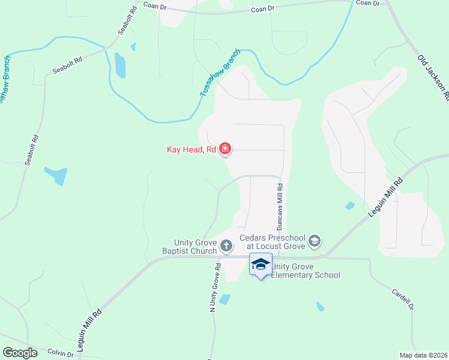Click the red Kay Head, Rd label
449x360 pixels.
191,149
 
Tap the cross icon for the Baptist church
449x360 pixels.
226,245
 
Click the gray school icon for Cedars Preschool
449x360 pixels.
315,242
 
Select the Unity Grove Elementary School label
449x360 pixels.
306,271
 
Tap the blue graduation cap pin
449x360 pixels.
261,265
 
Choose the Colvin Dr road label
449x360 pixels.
60,354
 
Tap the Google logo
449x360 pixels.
20,353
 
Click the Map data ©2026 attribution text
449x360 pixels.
423,355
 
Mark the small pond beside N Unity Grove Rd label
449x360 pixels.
224,299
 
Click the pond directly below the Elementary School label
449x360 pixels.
320,307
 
